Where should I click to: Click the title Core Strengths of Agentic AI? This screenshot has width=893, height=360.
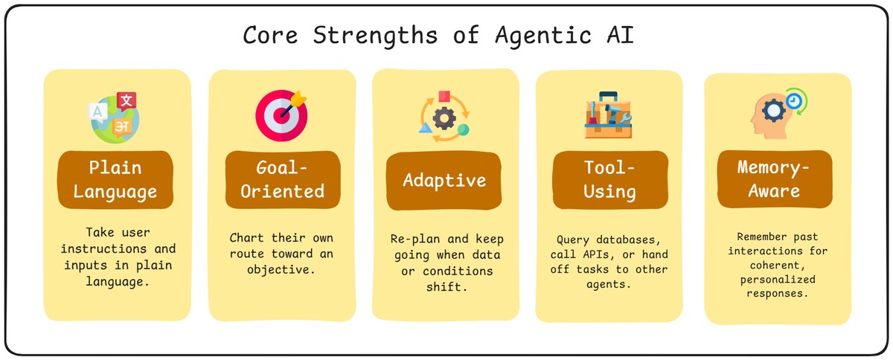[x=438, y=36]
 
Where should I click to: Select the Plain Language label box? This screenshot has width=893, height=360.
[x=117, y=179]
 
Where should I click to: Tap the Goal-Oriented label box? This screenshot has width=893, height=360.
[x=282, y=179]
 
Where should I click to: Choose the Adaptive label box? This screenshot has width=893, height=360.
[x=444, y=179]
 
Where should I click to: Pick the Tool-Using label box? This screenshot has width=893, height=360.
[x=609, y=179]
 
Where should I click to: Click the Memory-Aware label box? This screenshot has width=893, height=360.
[x=775, y=179]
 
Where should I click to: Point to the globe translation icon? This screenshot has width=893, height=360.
[x=114, y=118]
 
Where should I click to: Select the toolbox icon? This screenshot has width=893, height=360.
[x=608, y=116]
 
